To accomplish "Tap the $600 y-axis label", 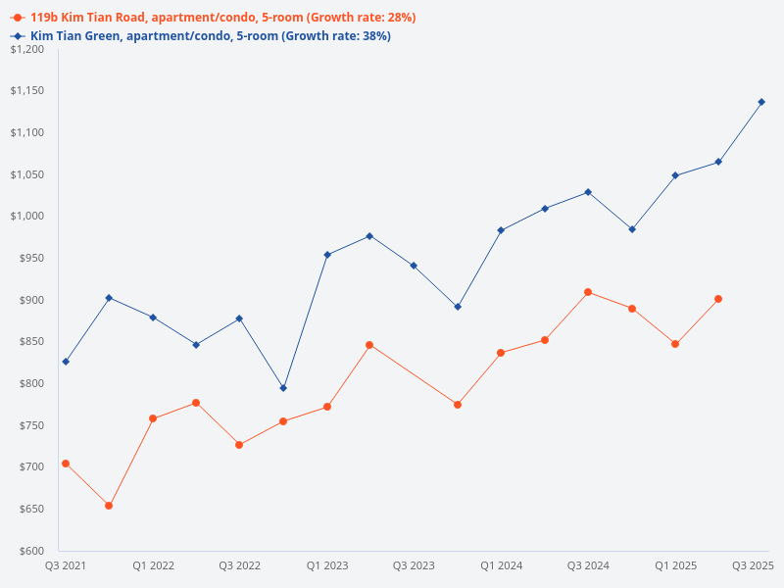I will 33,551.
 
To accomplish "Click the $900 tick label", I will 33,300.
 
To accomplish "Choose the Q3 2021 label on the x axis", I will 66,565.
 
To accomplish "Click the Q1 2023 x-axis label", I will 327,565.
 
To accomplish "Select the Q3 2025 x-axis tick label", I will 754,565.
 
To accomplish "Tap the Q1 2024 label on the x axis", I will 501,565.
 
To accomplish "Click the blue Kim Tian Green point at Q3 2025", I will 761,102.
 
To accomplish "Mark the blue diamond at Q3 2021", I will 66,362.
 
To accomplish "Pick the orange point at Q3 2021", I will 66,464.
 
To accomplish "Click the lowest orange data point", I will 109,506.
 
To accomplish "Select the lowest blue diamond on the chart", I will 283,388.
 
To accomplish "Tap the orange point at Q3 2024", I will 588,292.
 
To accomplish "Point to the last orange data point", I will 718,299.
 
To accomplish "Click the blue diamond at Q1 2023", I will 327,255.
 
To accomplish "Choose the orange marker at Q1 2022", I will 153,418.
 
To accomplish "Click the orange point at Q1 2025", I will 675,344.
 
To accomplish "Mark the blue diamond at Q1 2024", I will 501,230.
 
